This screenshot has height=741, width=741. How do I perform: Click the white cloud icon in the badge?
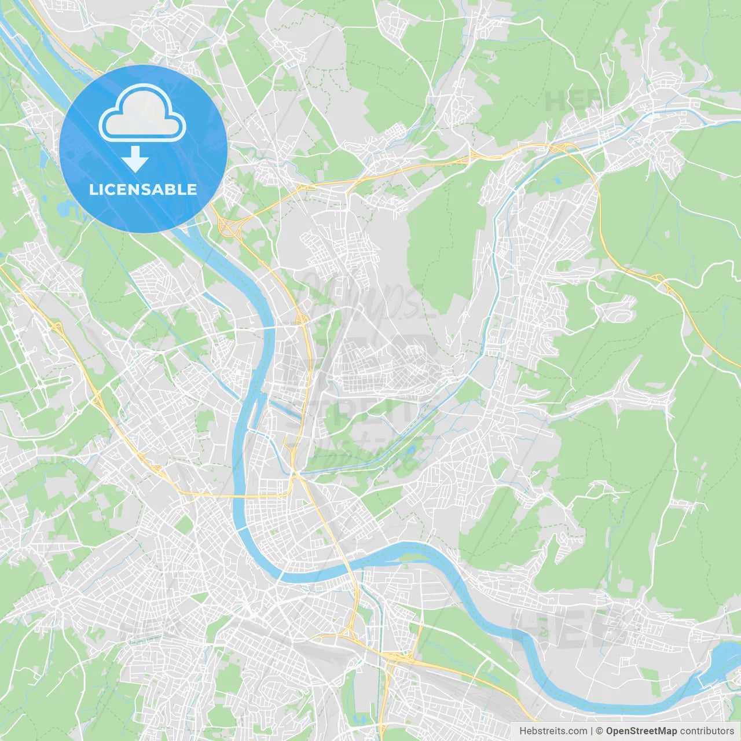click(x=142, y=113)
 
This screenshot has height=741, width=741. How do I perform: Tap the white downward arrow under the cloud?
click(x=135, y=159)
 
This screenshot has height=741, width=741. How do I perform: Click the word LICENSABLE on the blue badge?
click(x=143, y=189)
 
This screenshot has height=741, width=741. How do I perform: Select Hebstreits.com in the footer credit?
click(x=553, y=731)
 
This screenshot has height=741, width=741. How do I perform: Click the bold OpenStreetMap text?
click(x=641, y=731)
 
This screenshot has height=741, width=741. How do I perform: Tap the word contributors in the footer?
click(x=707, y=731)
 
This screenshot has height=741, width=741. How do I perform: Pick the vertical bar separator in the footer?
click(x=592, y=731)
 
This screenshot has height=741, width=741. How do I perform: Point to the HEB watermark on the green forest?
click(x=570, y=102)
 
